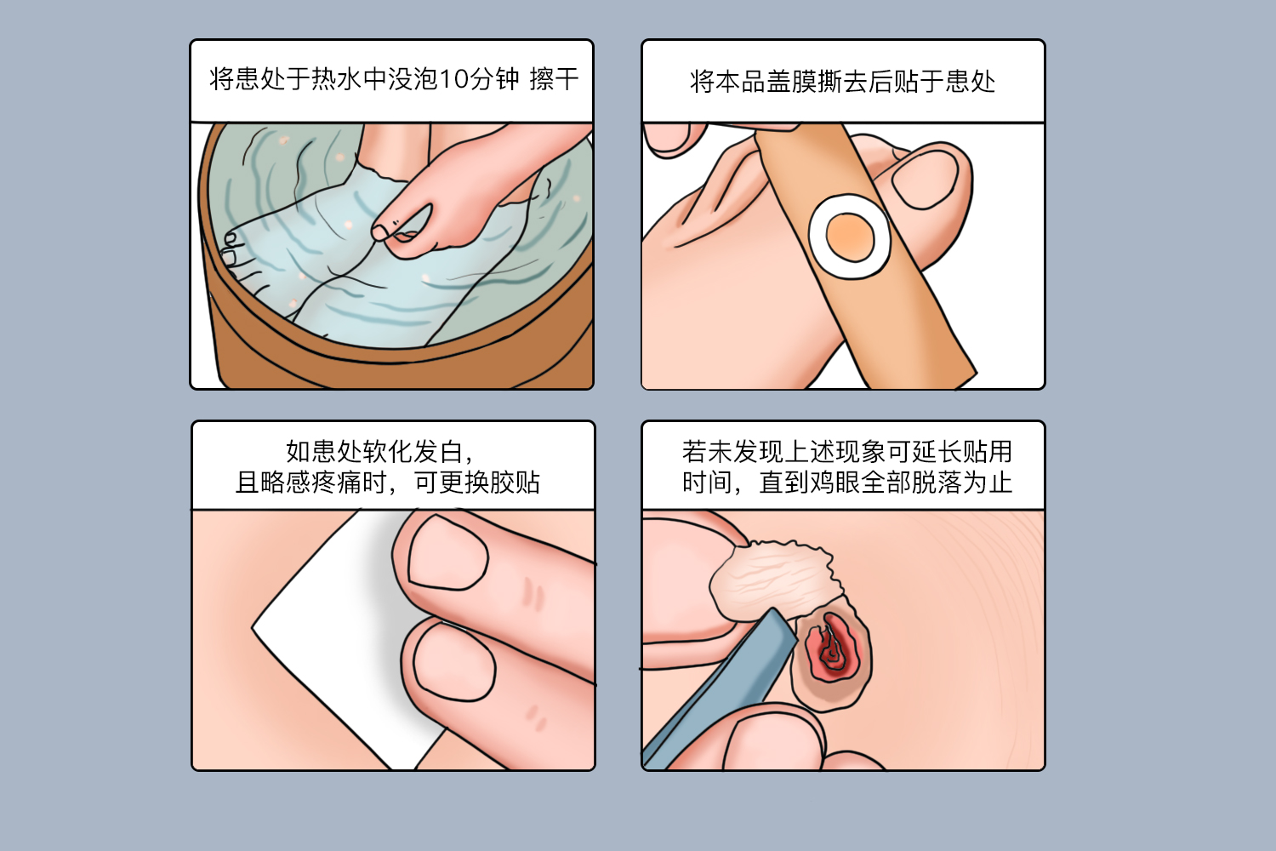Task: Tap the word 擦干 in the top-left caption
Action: pos(554,79)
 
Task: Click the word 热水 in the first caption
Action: pos(337,79)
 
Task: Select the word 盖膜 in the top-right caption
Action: pos(791,82)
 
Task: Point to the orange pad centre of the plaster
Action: pos(849,237)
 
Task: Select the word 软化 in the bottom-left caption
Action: pos(387,452)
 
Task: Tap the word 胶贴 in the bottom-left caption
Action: pos(515,483)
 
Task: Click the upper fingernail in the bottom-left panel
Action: pos(448,552)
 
